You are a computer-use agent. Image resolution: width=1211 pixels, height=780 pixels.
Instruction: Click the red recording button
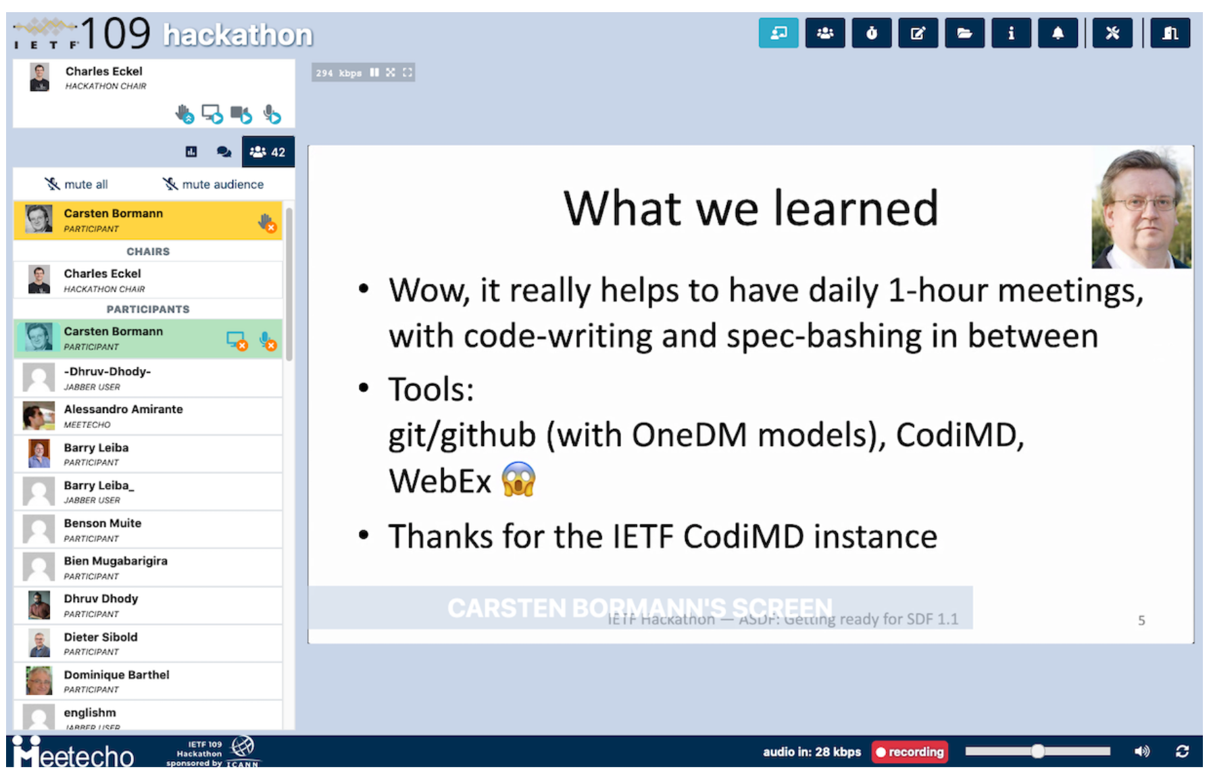point(910,752)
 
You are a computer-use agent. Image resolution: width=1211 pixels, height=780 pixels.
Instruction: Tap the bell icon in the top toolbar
point(1058,33)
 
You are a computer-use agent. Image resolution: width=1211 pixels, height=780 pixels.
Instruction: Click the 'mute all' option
point(76,184)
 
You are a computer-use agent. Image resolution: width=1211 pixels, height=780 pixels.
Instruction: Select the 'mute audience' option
point(214,184)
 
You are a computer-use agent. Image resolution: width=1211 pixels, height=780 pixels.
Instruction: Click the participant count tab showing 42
point(268,152)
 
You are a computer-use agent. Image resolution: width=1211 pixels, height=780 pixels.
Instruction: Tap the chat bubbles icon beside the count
point(224,152)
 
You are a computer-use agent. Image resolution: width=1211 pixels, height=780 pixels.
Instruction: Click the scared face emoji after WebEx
point(518,480)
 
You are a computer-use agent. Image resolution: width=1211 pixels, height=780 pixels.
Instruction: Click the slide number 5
point(1141,620)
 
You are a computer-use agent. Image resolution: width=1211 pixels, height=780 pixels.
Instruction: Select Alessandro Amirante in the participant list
point(123,410)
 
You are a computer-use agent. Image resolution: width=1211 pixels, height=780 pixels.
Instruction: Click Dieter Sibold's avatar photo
point(39,643)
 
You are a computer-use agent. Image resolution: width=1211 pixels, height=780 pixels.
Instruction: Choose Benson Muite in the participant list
point(103,524)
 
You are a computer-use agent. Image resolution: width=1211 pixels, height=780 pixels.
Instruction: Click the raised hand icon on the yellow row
point(267,222)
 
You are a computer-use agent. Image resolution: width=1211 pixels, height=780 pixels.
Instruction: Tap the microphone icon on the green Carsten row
point(268,341)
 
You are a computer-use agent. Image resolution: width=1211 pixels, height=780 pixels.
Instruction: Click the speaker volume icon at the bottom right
point(1141,752)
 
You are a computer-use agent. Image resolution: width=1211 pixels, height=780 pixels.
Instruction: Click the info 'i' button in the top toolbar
point(1011,33)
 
